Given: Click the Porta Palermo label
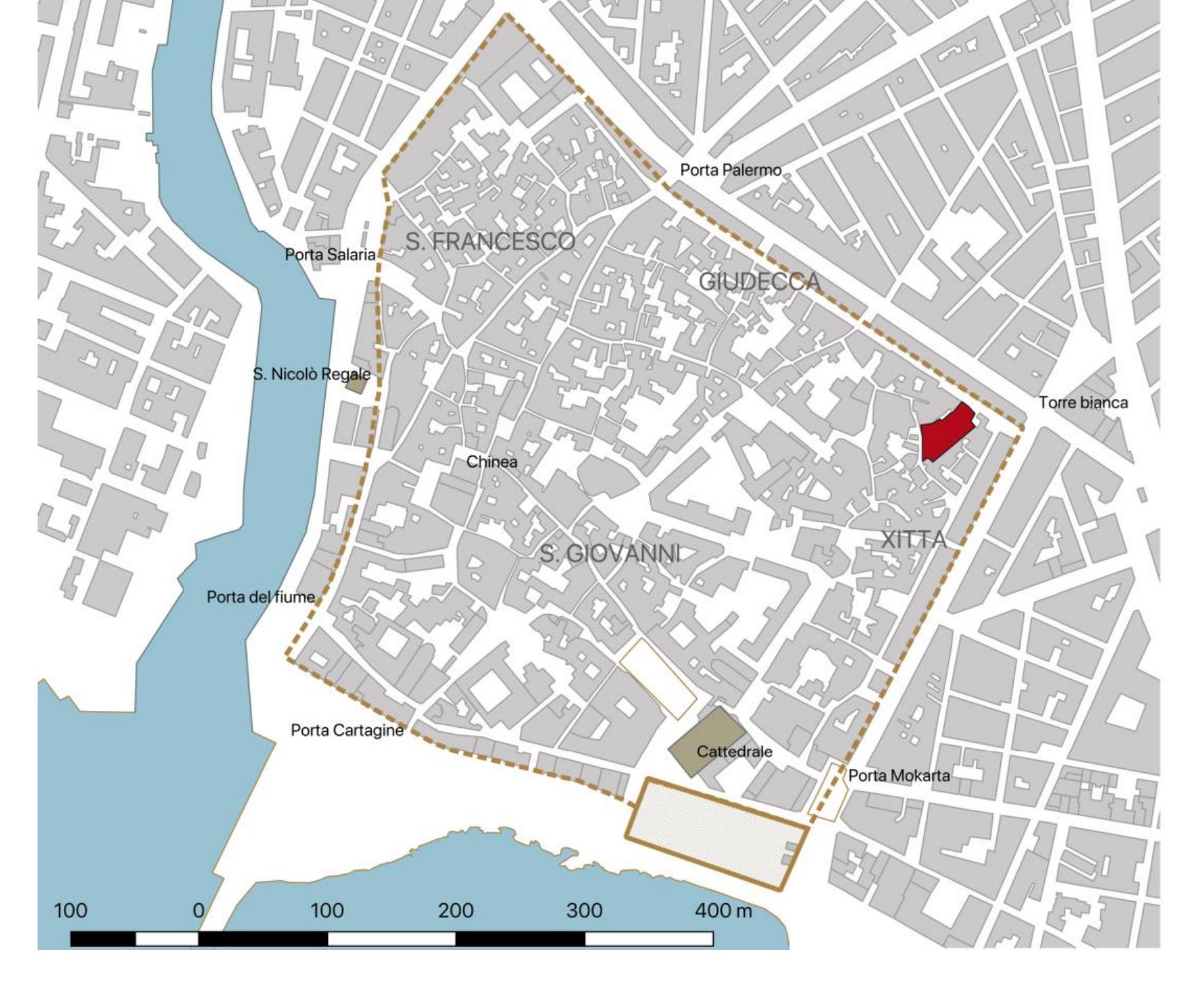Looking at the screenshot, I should click(730, 170).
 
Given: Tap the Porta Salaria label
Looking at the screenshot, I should click(330, 255).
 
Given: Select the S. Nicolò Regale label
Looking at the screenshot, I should click(311, 374).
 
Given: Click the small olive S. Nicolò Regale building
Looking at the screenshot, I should click(357, 383).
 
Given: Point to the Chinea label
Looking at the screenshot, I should click(492, 462).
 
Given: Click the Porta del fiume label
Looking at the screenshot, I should click(260, 597).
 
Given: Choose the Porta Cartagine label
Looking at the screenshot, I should click(347, 730).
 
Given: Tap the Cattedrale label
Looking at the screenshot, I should click(734, 751).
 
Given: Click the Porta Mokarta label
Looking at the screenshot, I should click(898, 775).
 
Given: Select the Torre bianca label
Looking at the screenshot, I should click(1083, 402).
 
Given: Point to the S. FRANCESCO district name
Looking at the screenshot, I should click(490, 242).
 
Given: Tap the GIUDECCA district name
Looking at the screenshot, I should click(759, 281).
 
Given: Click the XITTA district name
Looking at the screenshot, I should click(913, 539).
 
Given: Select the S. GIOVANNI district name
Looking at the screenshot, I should click(610, 554).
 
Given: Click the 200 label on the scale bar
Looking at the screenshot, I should click(455, 910).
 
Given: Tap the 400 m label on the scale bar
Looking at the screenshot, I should click(724, 910).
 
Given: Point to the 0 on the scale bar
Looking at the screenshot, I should click(198, 910).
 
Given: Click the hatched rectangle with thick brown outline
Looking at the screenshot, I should click(716, 833).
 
